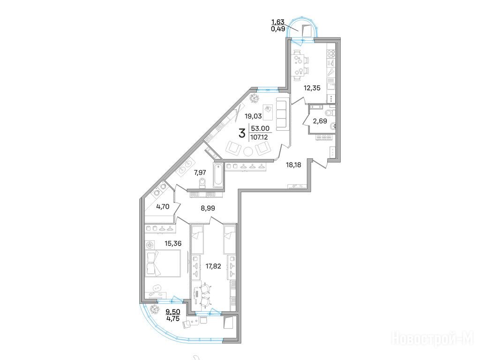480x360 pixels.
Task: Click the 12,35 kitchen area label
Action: click(312, 88)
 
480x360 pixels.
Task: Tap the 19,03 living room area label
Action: click(253, 116)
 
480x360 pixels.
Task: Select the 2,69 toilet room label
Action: click(320, 121)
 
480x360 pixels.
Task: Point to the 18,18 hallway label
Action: click(293, 165)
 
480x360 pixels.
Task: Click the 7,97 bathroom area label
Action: click(200, 172)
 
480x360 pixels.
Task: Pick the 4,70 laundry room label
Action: click(163, 207)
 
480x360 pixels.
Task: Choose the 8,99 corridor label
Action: click(208, 208)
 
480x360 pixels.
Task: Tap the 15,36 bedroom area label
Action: click(173, 244)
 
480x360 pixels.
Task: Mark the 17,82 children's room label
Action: click(213, 266)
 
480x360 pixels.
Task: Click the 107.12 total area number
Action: click(259, 137)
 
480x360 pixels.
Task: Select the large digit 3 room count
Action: click(242, 133)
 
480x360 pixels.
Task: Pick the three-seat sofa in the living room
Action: click(282, 113)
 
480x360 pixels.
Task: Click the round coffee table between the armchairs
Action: click(248, 151)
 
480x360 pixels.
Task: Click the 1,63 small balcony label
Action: click(278, 22)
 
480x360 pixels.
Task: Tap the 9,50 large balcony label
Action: click(173, 312)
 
